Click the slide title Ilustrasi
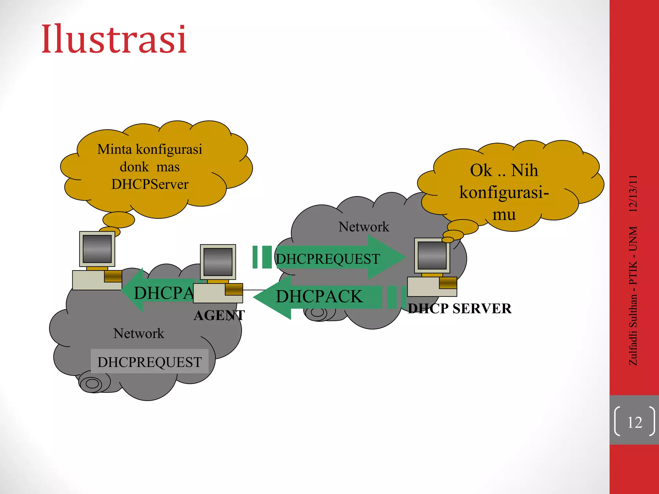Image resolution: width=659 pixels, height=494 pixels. [114, 39]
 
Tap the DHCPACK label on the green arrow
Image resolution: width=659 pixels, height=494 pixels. [319, 296]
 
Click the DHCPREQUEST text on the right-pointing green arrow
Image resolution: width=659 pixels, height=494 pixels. [328, 259]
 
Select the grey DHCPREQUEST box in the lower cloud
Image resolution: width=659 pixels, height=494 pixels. [150, 361]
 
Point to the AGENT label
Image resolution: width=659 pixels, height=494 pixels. [219, 316]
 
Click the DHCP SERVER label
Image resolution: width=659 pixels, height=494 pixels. [459, 309]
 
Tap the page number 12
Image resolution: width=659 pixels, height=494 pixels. [635, 422]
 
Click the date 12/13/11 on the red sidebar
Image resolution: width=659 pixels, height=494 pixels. [633, 193]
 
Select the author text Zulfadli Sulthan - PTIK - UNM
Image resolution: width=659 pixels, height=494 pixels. [633, 296]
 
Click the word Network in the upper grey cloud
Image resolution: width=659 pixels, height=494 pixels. [364, 227]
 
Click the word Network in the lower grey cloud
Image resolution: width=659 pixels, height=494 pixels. [139, 334]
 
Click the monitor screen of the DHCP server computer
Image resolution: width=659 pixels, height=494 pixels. [432, 255]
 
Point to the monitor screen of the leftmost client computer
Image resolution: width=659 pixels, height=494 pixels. [97, 249]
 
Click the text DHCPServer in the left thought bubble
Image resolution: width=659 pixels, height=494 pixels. [150, 184]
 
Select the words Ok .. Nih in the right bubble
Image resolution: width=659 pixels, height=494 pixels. [504, 170]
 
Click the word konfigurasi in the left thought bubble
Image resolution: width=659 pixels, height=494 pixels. [169, 149]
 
